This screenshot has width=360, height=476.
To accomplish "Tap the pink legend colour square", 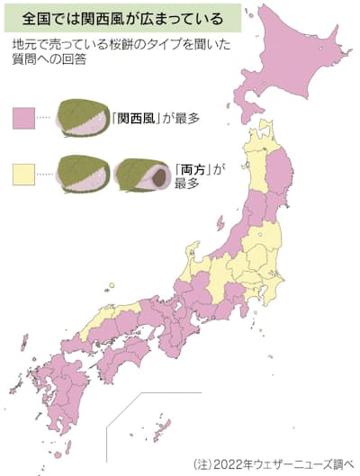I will pyautogui.click(x=23, y=117).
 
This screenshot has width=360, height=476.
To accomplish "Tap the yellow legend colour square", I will pyautogui.click(x=23, y=170).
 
